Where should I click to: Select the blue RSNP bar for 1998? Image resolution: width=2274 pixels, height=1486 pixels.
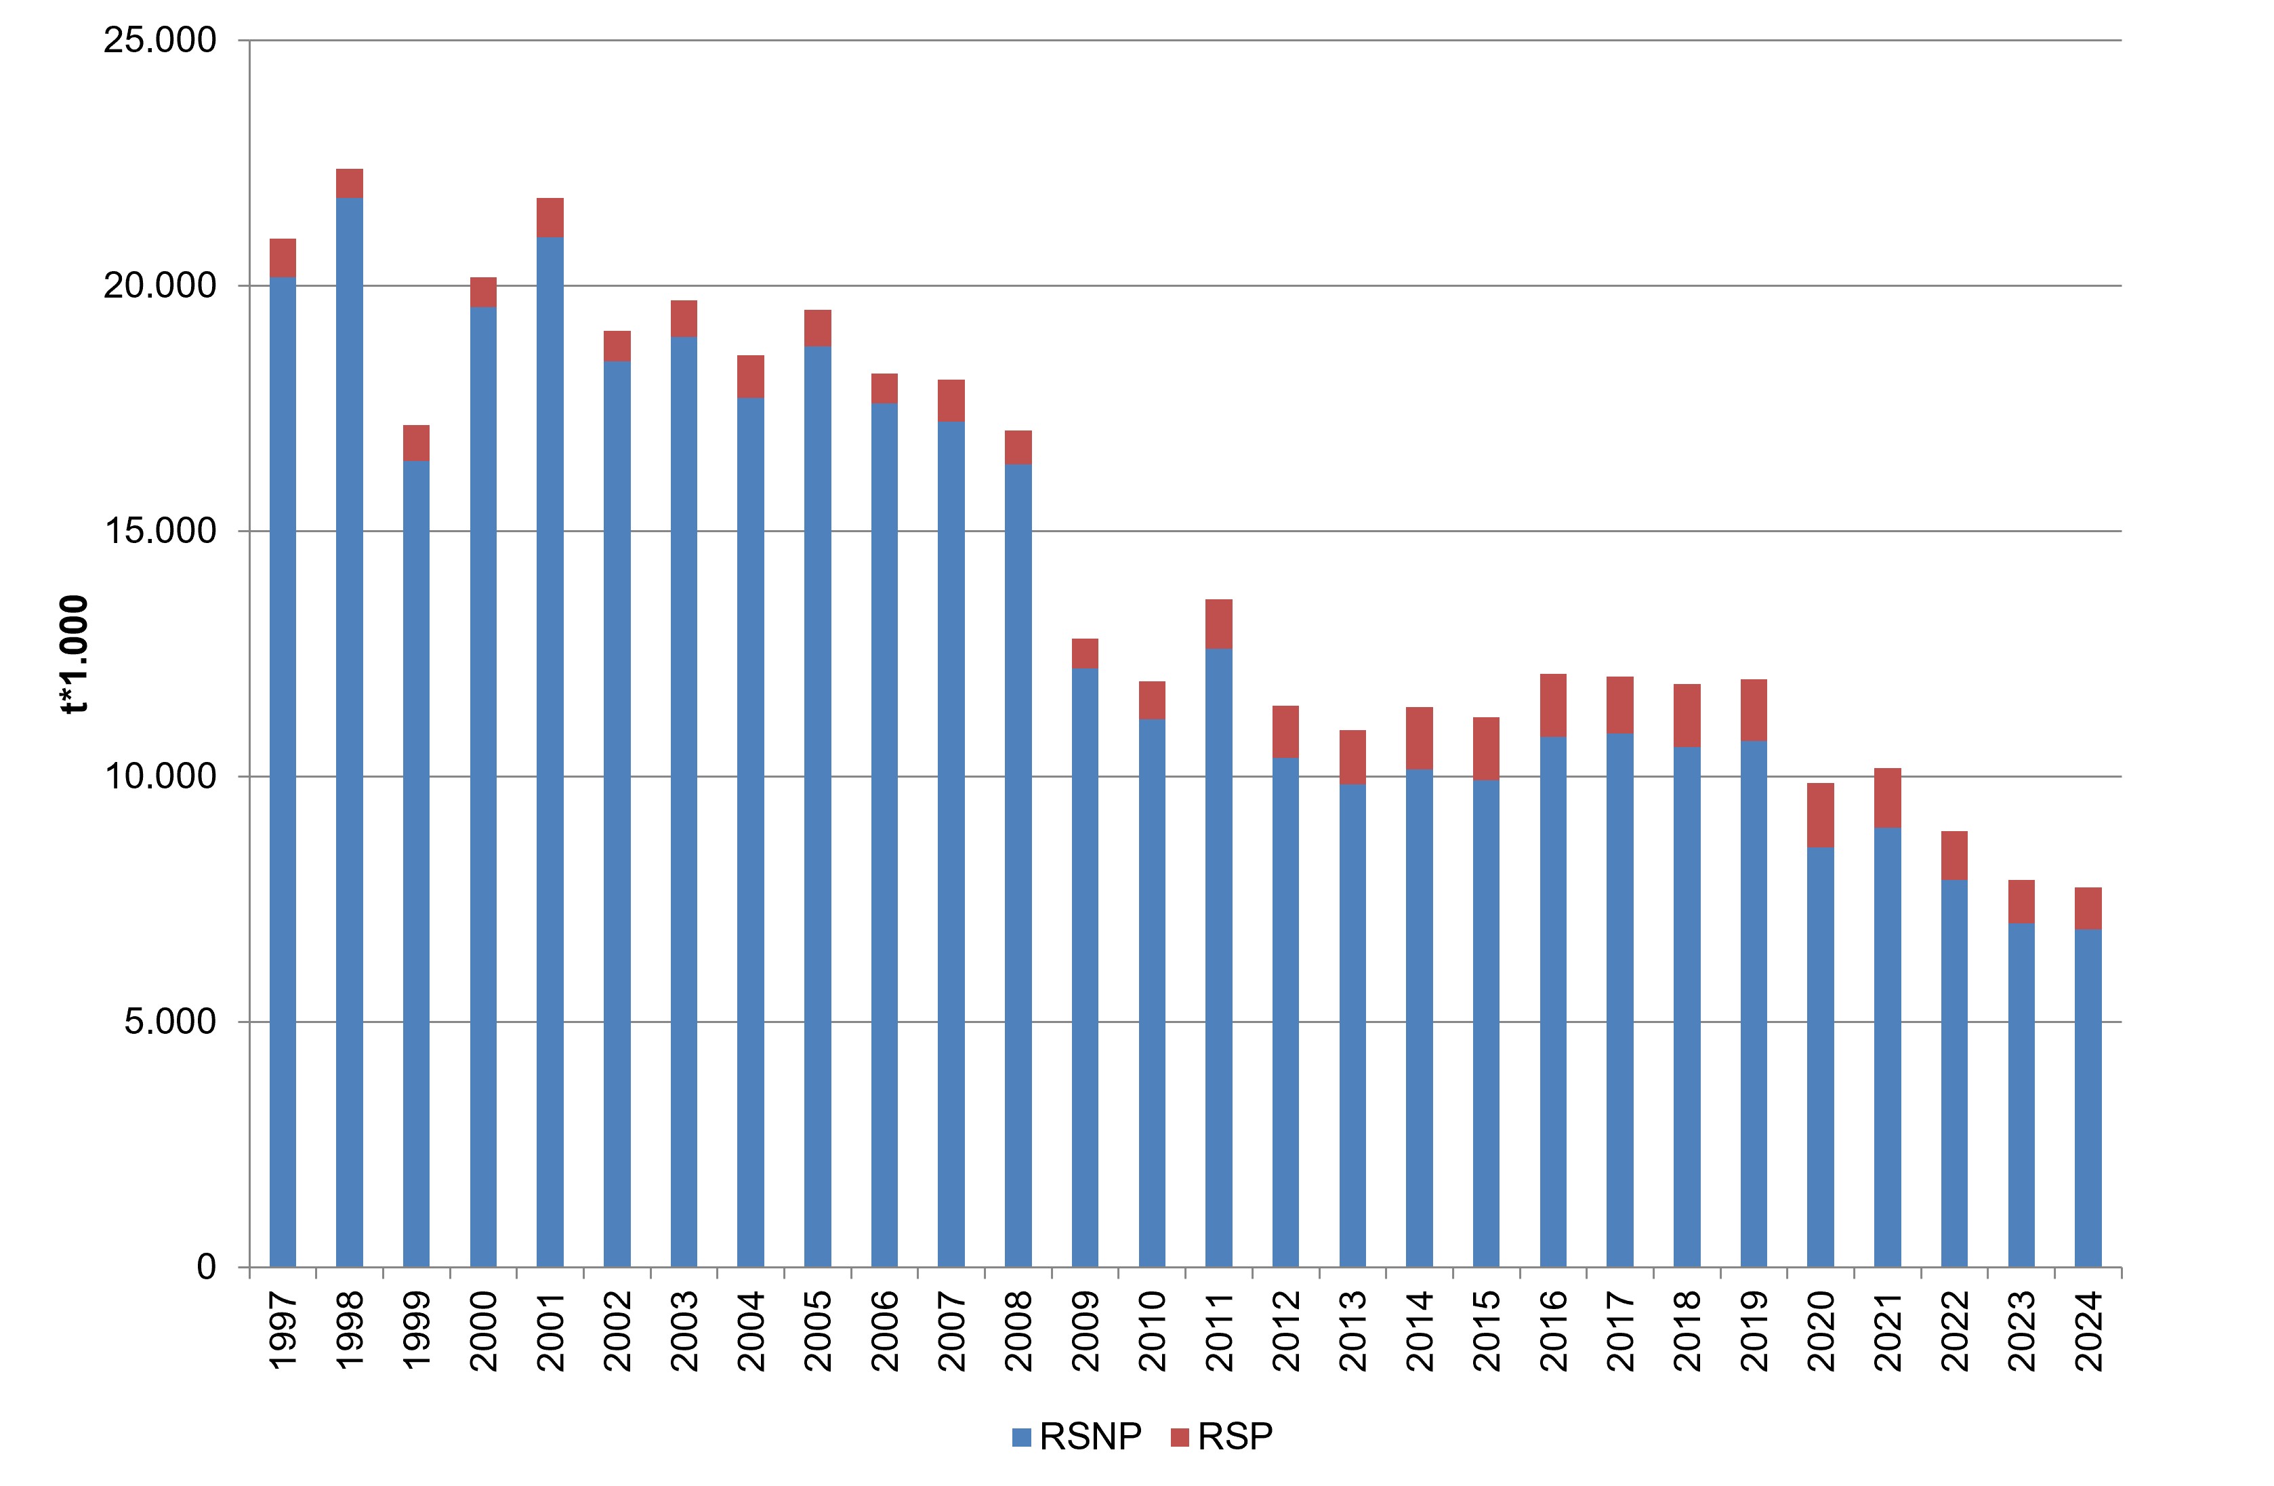(x=350, y=733)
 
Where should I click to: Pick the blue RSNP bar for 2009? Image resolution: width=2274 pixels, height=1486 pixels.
(x=1086, y=968)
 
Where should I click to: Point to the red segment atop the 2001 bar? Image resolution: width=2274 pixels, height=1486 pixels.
(x=550, y=218)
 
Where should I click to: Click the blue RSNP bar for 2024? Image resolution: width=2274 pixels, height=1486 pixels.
(x=2088, y=1099)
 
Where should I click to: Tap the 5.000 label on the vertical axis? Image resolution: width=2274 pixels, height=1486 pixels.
(x=171, y=1022)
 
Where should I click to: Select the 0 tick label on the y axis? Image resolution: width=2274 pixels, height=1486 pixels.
(x=207, y=1267)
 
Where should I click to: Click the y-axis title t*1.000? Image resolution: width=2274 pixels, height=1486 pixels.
(x=74, y=655)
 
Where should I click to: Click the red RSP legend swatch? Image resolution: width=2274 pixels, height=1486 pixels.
(x=1180, y=1437)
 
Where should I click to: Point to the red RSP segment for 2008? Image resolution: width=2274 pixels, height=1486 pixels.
(x=1018, y=448)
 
